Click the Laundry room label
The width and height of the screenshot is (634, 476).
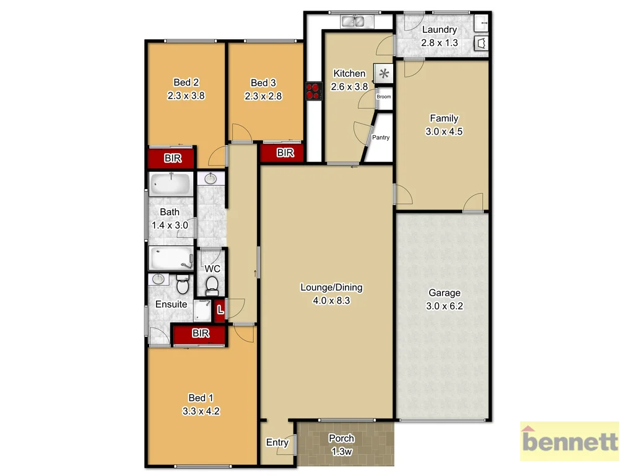pos(439,30)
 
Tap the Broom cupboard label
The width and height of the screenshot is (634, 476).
pos(384,97)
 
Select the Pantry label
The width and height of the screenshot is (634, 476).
pos(381,138)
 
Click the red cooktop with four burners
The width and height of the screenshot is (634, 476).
pos(313,90)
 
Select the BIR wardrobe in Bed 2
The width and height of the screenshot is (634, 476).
pos(173,159)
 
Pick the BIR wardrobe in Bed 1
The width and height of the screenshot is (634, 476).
pos(200,334)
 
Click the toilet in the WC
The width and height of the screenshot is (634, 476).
pos(212,286)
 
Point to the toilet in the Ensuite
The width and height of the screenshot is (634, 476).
pos(183,286)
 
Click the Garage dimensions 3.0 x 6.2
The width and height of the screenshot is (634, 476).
pos(444,306)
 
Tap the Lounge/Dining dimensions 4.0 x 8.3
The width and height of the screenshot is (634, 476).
pos(331,301)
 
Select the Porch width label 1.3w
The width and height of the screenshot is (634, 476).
pos(341,452)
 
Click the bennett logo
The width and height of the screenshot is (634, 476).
pos(570,442)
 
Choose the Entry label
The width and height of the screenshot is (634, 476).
pos(277,443)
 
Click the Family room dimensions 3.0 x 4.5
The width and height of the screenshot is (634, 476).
pos(444,131)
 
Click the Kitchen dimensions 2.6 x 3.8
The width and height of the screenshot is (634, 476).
pos(349,87)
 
